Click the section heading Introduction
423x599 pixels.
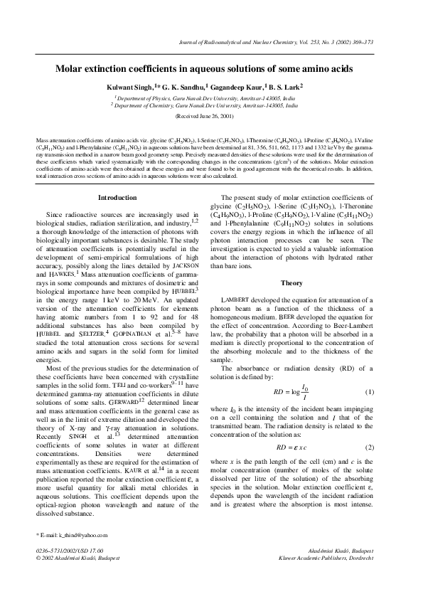click(117, 197)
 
